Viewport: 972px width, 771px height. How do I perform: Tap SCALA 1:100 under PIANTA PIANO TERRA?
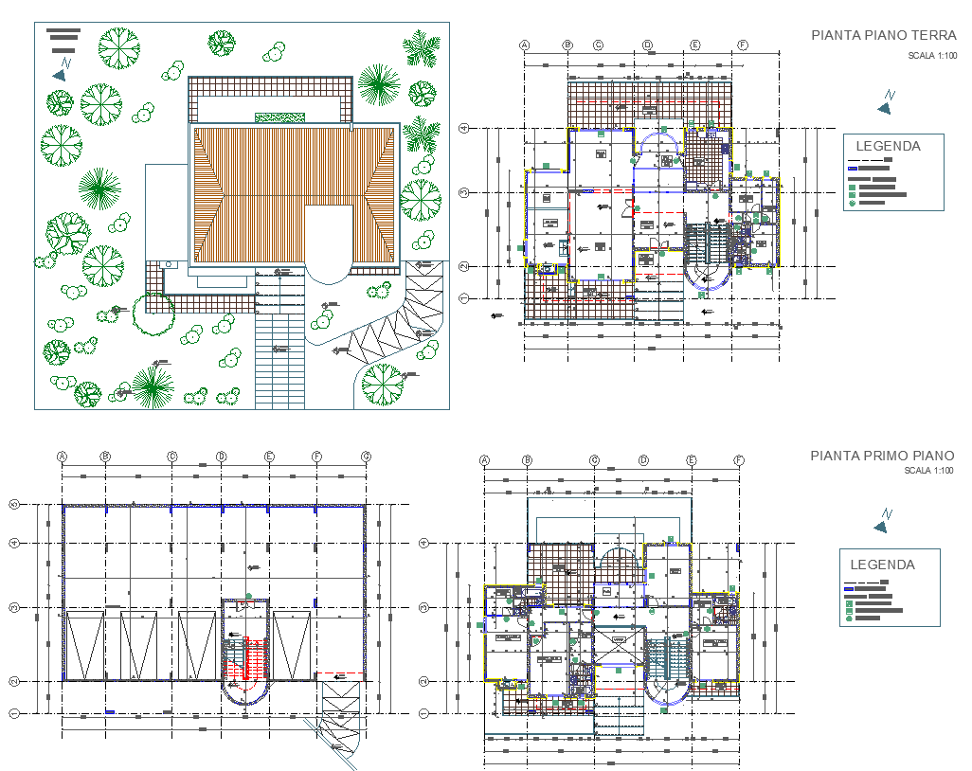coord(932,56)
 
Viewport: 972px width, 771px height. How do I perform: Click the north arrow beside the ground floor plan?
coord(886,102)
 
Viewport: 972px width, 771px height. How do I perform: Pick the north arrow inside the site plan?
coord(62,69)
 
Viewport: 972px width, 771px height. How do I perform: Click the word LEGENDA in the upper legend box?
coord(888,146)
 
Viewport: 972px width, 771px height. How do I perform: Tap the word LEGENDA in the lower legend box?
coord(882,565)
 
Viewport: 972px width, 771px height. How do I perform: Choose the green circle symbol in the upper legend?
coord(852,203)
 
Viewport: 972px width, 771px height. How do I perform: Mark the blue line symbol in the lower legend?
coord(849,589)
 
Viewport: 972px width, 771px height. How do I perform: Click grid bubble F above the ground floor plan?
coord(742,45)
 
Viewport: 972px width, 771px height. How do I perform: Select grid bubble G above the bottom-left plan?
coord(366,457)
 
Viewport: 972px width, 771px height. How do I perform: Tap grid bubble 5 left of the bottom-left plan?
coord(14,505)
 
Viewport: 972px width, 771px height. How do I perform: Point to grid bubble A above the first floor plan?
coord(484,460)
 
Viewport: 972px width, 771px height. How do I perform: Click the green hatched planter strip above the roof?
coord(280,117)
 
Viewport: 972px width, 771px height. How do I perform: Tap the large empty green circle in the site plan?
coord(153,314)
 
